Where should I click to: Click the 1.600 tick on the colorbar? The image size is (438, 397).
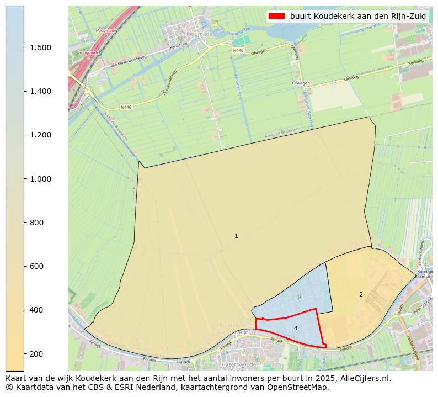tap(40, 47)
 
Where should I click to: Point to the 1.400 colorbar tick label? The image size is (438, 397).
tap(40, 91)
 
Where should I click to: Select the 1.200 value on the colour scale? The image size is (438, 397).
tap(40, 135)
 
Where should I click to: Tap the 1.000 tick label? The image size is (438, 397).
tap(40, 179)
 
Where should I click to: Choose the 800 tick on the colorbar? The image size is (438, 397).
tap(37, 223)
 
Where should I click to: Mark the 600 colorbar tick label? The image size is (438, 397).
tap(37, 266)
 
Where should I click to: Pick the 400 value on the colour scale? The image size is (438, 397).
tap(37, 310)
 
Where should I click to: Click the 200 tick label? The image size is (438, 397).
tap(37, 353)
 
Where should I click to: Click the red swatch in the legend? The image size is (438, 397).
tap(276, 16)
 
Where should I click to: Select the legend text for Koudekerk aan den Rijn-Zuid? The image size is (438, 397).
tap(358, 16)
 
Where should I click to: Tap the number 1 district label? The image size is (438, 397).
tap(236, 236)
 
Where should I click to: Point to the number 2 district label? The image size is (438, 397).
tap(361, 294)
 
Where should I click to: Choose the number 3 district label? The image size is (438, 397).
tap(300, 297)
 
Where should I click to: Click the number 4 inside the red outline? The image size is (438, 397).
tap(296, 328)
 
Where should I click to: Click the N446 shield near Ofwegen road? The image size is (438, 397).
tap(238, 50)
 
